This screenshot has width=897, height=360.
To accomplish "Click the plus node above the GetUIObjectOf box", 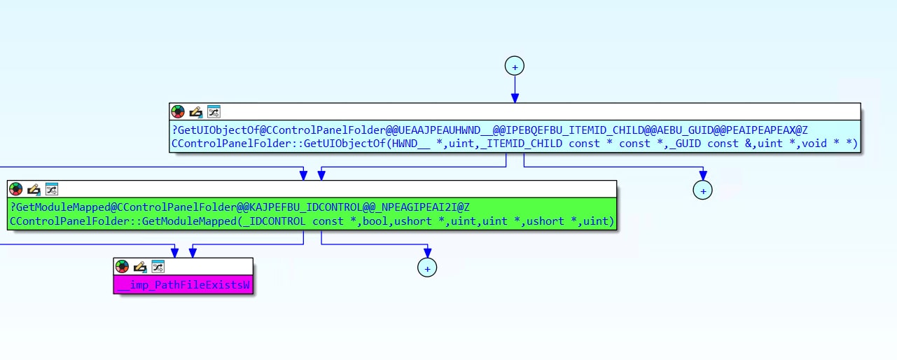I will (x=515, y=66).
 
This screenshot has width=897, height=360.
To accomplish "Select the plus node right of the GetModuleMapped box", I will (x=702, y=189).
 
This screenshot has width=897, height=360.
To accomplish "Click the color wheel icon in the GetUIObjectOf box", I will (x=178, y=111).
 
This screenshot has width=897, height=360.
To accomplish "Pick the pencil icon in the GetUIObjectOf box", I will (x=196, y=111).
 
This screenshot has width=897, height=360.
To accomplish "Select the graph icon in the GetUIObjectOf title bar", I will (x=214, y=111).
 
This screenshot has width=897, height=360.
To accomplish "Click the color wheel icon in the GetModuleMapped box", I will (x=16, y=188).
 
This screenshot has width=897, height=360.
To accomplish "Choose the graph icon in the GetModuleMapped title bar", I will (x=52, y=188).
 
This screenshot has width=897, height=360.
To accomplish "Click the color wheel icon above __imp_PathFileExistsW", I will (x=123, y=266).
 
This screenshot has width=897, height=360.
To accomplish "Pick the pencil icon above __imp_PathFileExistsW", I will (x=140, y=266).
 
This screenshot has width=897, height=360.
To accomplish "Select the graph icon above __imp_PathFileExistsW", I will (x=158, y=266).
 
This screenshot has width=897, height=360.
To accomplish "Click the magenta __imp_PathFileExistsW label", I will (x=184, y=285).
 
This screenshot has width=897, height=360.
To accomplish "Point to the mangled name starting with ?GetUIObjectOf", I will (x=489, y=130).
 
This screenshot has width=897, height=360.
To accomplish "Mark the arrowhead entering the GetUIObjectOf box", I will (x=515, y=99).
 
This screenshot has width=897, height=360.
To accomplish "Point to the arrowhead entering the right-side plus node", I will (x=702, y=176).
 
